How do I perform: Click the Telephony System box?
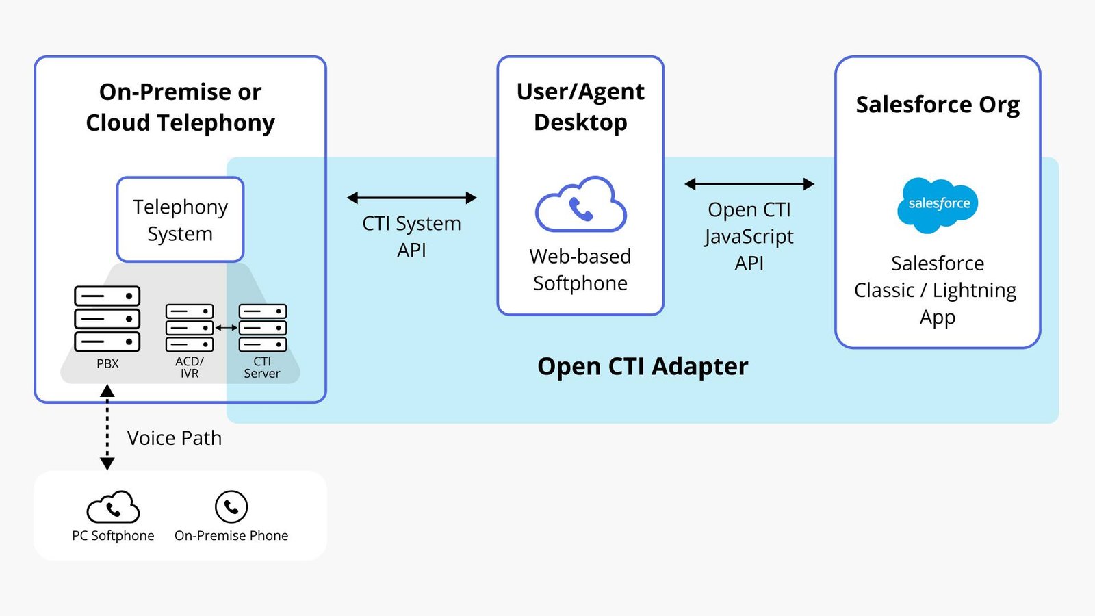point(180,220)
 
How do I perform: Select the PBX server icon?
point(107,319)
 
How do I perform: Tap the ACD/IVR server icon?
point(190,328)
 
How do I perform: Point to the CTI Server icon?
point(263,328)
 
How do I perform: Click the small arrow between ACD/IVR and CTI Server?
point(227,328)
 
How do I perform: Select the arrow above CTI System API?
point(411,198)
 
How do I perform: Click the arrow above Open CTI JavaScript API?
point(749,184)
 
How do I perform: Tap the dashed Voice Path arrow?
point(107,427)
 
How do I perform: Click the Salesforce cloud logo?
point(938,205)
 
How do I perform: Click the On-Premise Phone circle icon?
point(231,507)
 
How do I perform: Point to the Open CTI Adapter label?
point(643,366)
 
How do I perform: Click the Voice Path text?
point(175,438)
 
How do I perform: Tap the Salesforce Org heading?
point(938,105)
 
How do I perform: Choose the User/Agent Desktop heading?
point(580,107)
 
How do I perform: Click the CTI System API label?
point(411,237)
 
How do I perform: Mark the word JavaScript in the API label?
point(749,237)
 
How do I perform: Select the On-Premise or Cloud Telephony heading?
point(181,107)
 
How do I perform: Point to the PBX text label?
point(107,363)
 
